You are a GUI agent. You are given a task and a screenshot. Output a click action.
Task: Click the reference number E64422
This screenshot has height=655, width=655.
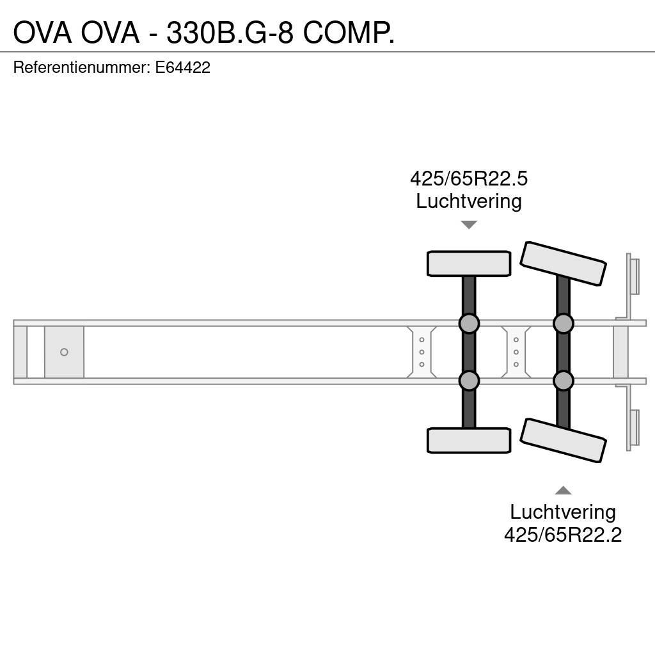coord(182,67)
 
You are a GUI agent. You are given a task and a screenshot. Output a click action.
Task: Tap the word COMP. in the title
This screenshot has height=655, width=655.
coord(349,33)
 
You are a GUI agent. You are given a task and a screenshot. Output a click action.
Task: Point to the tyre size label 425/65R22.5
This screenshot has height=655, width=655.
coord(469,178)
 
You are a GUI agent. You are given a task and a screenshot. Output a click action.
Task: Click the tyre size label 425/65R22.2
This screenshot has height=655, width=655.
coord(563,534)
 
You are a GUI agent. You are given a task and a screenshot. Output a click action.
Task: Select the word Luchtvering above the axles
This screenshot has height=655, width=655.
coord(469,201)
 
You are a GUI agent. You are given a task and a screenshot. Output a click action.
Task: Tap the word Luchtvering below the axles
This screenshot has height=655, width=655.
coord(563,512)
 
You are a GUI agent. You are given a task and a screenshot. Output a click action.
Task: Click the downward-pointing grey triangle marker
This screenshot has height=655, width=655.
coord(469,225)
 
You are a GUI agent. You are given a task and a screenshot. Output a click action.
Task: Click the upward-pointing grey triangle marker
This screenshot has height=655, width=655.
coord(563,490)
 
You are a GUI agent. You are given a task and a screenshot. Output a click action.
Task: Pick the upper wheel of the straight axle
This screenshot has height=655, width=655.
coord(469,264)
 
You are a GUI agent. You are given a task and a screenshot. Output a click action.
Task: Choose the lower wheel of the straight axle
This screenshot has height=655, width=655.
coord(469,441)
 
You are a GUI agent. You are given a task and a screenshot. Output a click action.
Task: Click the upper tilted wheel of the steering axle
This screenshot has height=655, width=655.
coord(563,264)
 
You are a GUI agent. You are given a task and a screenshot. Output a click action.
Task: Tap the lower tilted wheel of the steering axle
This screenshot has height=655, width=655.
coord(563,440)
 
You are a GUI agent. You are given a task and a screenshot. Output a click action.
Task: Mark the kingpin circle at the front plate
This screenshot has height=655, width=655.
coord(64,352)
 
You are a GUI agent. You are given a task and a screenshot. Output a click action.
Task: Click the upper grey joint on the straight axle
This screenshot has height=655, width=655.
coord(469,323)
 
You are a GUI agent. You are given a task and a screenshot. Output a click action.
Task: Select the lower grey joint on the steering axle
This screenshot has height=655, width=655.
coord(563,381)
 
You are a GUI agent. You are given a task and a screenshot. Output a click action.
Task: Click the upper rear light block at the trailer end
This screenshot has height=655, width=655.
coord(633,276)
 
